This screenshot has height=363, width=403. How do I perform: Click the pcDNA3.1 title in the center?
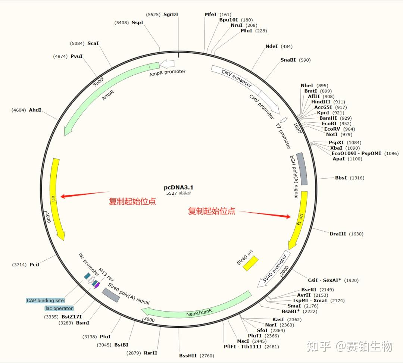click(x=179, y=187)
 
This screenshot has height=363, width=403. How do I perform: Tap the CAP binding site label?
click(x=45, y=300)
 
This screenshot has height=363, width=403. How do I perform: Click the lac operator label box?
click(x=59, y=308)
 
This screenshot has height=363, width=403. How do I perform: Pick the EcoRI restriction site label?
click(x=329, y=123)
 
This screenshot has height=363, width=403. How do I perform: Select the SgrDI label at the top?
click(x=171, y=15)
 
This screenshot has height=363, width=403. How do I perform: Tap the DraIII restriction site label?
click(x=338, y=234)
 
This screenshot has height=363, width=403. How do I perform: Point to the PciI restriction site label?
click(x=34, y=265)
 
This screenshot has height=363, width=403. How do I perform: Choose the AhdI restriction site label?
click(x=35, y=110)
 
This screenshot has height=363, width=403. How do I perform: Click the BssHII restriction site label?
click(x=188, y=356)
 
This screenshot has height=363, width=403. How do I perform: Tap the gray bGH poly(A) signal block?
click(x=302, y=169)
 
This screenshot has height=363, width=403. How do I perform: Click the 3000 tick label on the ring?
click(x=149, y=320)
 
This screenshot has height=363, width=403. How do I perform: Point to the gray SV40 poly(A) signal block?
click(x=111, y=295)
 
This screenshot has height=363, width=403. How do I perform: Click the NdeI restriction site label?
click(x=271, y=47)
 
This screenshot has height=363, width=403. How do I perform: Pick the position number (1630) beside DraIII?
click(x=356, y=234)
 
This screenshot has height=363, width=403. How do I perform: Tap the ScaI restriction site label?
click(x=93, y=43)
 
